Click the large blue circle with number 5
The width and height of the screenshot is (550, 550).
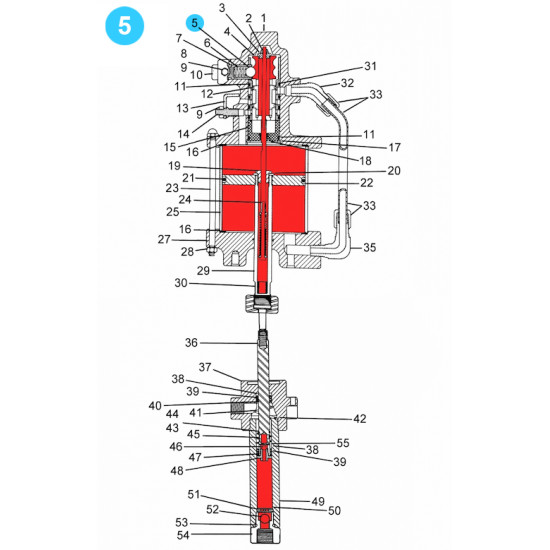click(x=124, y=27)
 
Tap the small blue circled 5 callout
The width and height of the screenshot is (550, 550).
click(x=197, y=21)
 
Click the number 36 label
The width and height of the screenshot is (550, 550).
click(x=192, y=343)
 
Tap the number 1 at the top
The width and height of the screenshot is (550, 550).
click(x=263, y=18)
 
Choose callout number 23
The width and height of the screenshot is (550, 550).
click(x=171, y=187)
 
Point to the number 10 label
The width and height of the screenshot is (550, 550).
click(x=197, y=74)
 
